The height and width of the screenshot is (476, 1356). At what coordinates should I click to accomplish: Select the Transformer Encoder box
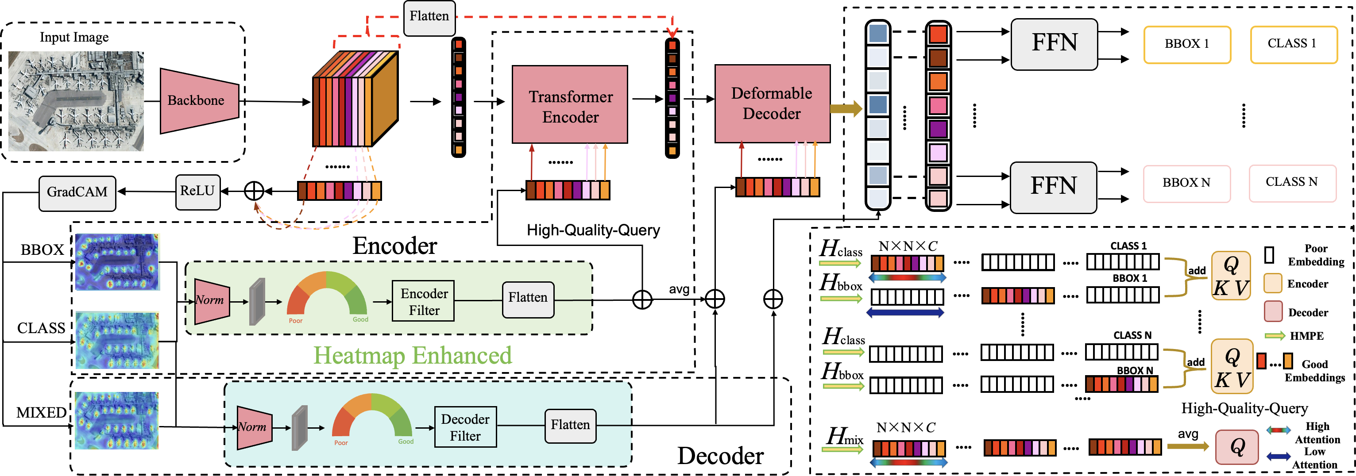[x=570, y=104]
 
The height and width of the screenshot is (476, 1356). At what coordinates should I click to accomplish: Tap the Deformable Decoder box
[x=772, y=103]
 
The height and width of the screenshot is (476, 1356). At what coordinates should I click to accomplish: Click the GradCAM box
[x=77, y=192]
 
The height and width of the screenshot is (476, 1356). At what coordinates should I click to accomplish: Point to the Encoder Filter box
[x=423, y=301]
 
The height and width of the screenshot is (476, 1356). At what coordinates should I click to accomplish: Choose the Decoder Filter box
[x=465, y=426]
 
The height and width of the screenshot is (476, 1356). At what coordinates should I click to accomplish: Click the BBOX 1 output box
[x=1187, y=44]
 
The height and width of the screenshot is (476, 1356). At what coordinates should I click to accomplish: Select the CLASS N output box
[x=1292, y=183]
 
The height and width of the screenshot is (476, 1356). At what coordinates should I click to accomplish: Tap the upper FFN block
[x=1054, y=44]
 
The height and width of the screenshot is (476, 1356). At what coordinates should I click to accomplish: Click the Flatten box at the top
[x=429, y=17]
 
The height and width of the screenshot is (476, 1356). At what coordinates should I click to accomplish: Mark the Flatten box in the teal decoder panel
[x=571, y=426]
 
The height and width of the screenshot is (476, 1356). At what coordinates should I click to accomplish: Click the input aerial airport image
[x=76, y=101]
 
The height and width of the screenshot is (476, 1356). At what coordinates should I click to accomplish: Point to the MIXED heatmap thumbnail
[x=116, y=420]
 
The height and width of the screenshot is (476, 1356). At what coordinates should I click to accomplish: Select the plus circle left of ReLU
[x=254, y=191]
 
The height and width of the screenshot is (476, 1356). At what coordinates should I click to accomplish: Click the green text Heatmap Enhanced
[x=413, y=356]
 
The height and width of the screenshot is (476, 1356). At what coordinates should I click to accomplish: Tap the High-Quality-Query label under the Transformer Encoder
[x=593, y=230]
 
